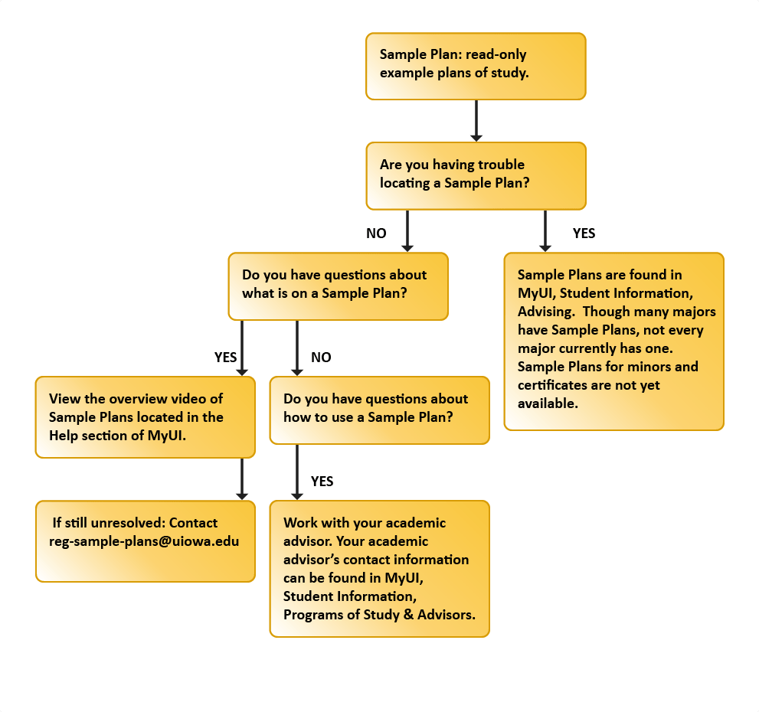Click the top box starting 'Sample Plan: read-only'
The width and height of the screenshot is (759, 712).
click(476, 66)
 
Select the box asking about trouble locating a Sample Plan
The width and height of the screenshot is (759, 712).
click(476, 175)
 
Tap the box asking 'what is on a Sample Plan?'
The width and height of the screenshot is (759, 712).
click(338, 285)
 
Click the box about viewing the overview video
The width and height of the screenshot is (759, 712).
click(145, 416)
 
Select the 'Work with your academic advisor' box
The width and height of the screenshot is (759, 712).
click(379, 568)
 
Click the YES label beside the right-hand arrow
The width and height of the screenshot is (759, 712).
click(584, 234)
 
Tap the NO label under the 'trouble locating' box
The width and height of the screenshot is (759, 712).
click(376, 234)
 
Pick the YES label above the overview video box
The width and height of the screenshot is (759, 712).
click(225, 357)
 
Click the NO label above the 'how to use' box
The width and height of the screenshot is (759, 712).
click(321, 357)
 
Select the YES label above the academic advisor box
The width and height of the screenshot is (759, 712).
click(322, 482)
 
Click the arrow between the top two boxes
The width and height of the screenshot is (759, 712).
click(476, 120)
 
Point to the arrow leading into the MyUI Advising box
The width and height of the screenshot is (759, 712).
click(545, 230)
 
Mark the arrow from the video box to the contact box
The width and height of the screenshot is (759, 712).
click(241, 478)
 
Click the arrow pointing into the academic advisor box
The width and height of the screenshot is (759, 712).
click(296, 472)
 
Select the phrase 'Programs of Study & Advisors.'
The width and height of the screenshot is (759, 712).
click(378, 614)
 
